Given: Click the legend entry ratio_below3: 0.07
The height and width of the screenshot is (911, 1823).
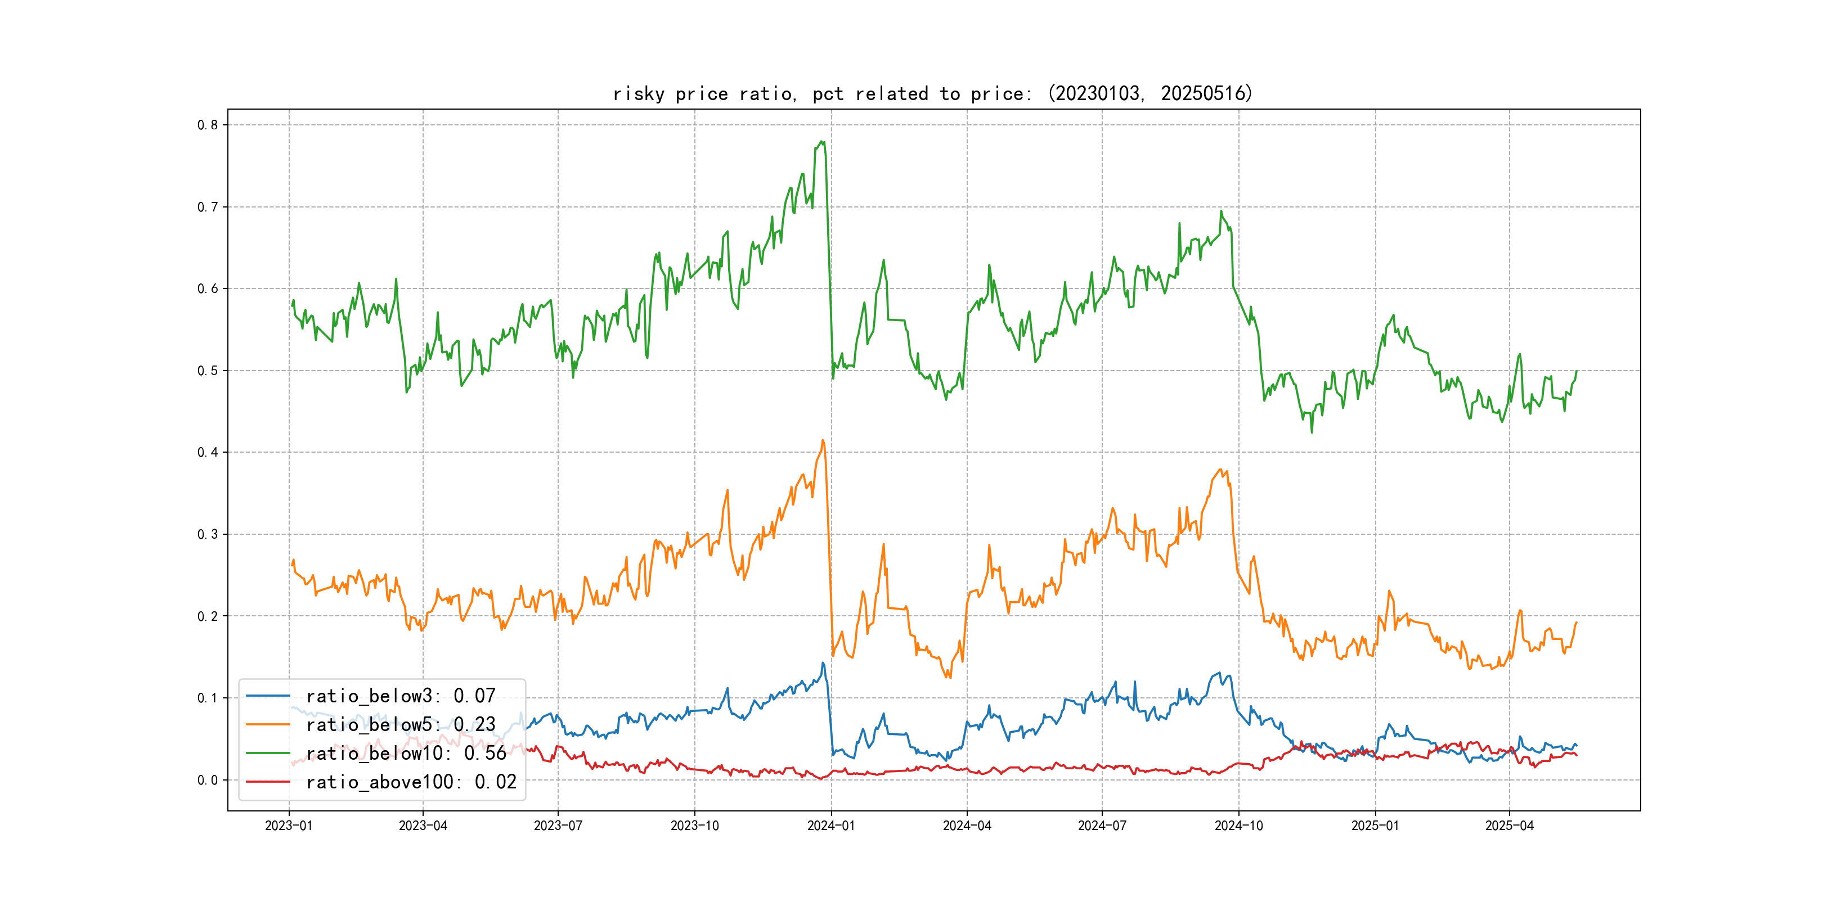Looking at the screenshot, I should tap(400, 696).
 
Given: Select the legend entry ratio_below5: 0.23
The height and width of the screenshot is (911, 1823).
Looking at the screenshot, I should tap(400, 724).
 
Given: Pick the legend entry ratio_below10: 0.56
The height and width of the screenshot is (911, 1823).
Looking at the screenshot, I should tap(406, 754).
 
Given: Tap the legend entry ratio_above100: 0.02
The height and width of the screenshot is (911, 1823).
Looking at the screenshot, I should tap(411, 782).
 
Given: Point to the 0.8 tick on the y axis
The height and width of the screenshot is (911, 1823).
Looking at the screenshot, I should tap(208, 125).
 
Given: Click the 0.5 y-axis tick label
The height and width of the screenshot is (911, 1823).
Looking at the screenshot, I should tap(208, 371).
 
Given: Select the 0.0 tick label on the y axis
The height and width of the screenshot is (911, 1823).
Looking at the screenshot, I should tap(208, 780).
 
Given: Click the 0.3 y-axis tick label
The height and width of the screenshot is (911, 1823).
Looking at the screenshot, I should tap(208, 534).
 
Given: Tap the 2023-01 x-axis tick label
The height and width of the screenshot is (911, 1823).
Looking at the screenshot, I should tap(289, 826).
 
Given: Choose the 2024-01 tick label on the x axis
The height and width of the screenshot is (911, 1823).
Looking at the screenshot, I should tap(831, 826).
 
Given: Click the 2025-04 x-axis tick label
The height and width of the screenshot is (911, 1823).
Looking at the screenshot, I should tap(1509, 826).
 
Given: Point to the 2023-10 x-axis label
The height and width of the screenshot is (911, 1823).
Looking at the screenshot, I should tap(694, 826).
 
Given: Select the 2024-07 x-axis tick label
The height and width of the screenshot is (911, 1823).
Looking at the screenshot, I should tap(1101, 826).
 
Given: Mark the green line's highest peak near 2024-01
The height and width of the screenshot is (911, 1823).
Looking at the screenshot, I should tap(821, 142).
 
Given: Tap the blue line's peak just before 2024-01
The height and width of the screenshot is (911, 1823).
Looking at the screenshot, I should tap(823, 663).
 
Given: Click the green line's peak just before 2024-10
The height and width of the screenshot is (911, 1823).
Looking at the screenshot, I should tap(1221, 211).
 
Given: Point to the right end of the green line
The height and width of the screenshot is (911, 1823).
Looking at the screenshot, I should tap(1577, 371).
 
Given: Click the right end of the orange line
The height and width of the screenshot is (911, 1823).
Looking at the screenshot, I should tap(1577, 623).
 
